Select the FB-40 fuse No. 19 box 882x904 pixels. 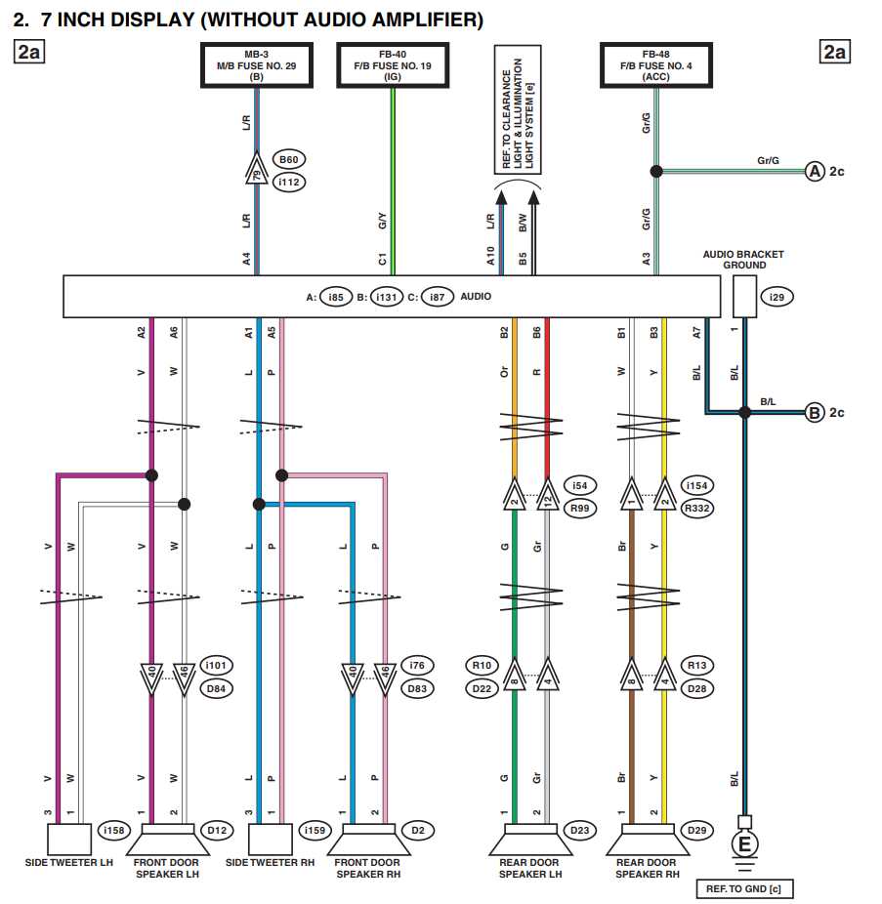(x=391, y=65)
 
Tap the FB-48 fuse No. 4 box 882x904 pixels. (x=653, y=65)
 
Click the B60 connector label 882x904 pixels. (x=288, y=160)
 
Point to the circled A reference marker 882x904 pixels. (x=815, y=172)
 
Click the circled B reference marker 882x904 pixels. (x=815, y=412)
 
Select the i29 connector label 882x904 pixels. (x=776, y=297)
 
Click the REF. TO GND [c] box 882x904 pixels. (x=744, y=888)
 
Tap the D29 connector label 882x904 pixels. (x=696, y=831)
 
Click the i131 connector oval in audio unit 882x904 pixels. (x=387, y=297)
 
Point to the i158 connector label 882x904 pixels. (x=112, y=831)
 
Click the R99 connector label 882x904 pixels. (x=580, y=508)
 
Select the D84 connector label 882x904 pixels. (x=216, y=688)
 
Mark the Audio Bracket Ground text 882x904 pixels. (x=743, y=260)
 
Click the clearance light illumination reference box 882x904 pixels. (x=518, y=107)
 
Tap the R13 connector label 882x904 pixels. (x=696, y=666)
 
